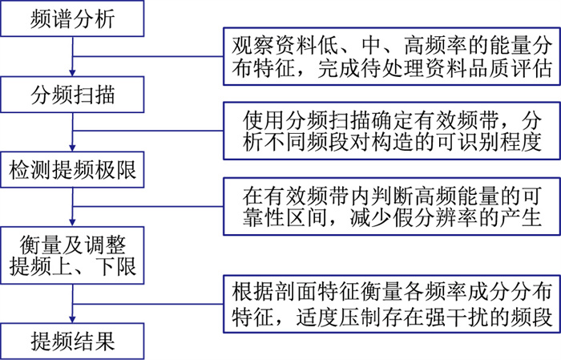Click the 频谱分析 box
tap(72, 18)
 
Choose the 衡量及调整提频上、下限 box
tap(72, 255)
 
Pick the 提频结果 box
tap(72, 341)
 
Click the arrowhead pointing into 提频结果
tap(72, 320)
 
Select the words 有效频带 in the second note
tap(445, 119)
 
